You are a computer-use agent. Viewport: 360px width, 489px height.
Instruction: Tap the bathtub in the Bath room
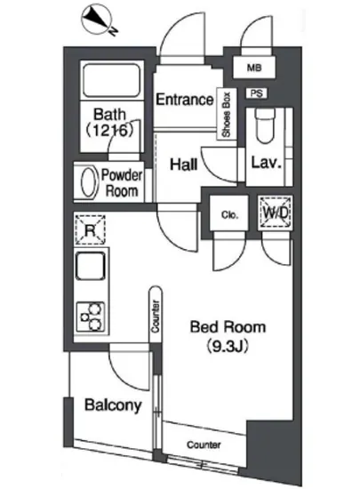tap(112, 80)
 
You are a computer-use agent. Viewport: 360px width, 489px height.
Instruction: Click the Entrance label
tap(185, 100)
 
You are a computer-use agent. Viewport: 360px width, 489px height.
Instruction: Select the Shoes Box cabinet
tap(227, 114)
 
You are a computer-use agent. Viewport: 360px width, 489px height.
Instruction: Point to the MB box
tap(254, 67)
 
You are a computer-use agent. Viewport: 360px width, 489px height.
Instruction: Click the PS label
tap(257, 93)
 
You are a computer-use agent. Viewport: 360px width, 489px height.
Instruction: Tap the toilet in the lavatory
tap(265, 125)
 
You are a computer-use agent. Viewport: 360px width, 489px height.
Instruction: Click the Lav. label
tap(266, 163)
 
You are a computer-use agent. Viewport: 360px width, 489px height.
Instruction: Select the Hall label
tap(184, 164)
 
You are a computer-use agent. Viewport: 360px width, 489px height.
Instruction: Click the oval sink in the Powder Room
tap(88, 182)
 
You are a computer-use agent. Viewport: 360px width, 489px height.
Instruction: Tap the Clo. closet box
tap(229, 213)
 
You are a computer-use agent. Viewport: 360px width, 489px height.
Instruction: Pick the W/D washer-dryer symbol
tap(276, 213)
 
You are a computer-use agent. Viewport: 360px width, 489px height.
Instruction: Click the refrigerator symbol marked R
tap(90, 230)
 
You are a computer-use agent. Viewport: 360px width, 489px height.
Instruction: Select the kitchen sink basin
tap(91, 267)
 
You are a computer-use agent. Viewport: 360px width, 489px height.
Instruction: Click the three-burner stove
tap(91, 317)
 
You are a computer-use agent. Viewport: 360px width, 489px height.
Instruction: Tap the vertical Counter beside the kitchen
tap(156, 315)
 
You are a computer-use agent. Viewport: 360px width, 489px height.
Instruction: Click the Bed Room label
tap(228, 327)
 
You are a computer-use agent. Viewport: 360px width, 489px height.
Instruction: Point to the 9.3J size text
tap(228, 346)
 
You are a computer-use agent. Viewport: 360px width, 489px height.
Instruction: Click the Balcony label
tap(113, 405)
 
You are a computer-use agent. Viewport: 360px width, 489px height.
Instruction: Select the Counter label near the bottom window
tap(204, 444)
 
